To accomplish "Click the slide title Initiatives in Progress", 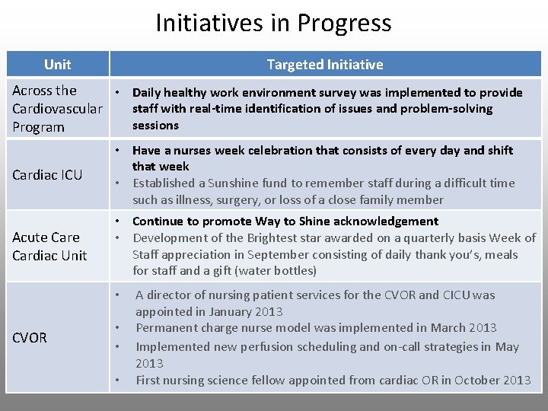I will pyautogui.click(x=273, y=24).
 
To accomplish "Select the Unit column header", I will pyautogui.click(x=57, y=65).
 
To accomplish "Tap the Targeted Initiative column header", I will pyautogui.click(x=325, y=65).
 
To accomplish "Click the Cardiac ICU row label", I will pyautogui.click(x=47, y=176).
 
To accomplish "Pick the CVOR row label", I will pyautogui.click(x=30, y=337).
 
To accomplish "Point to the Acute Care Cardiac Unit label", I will pyautogui.click(x=49, y=247).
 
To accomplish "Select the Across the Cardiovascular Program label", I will pyautogui.click(x=57, y=109).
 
